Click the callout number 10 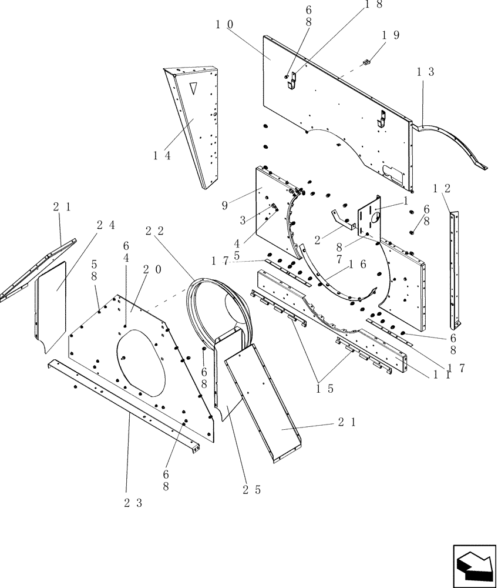tap(224, 24)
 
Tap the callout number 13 tap(426, 72)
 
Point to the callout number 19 tap(391, 35)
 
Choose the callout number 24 tap(106, 224)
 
